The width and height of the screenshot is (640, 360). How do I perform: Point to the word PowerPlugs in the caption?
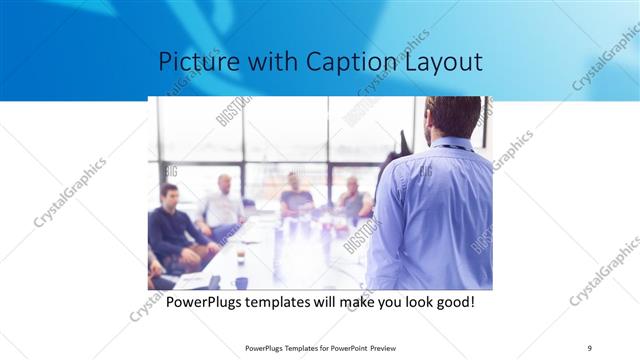pyautogui.click(x=203, y=301)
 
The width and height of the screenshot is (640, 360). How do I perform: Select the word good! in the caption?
pyautogui.click(x=453, y=301)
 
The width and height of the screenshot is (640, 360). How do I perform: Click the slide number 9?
pyautogui.click(x=590, y=348)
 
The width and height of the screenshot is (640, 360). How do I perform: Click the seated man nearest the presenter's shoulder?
pyautogui.click(x=352, y=199)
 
